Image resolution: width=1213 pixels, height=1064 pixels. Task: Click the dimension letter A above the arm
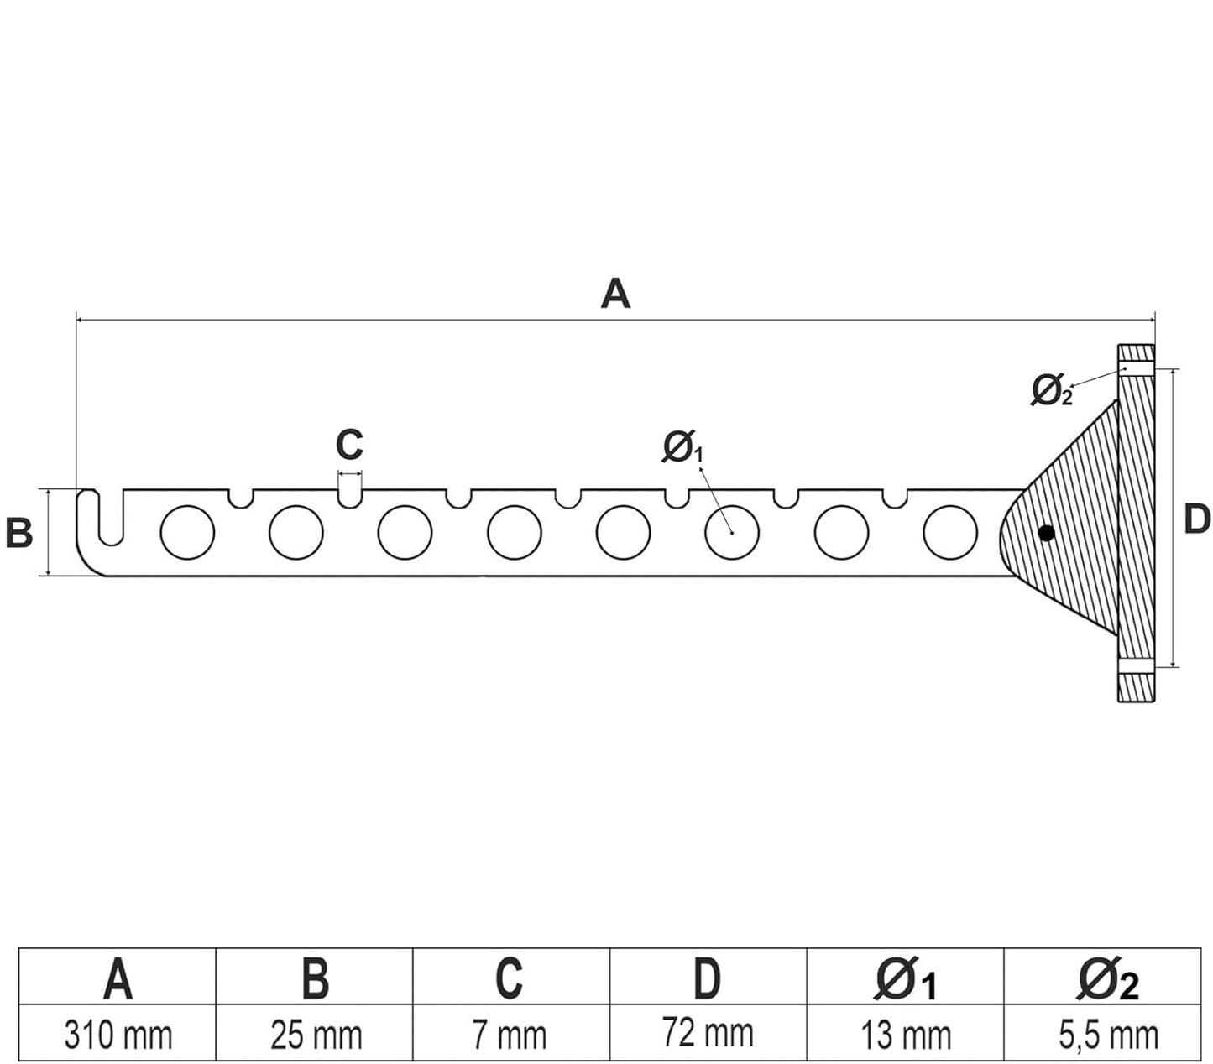click(615, 295)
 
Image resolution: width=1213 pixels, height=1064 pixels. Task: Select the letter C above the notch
click(349, 445)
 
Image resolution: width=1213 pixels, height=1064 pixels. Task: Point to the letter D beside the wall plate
click(1197, 519)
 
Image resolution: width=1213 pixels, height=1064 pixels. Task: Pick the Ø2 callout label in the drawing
click(1051, 390)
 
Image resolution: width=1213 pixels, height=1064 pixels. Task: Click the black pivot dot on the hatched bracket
click(1046, 532)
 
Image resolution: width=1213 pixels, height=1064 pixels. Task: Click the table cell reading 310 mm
click(118, 1035)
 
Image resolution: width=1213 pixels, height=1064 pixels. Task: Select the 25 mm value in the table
click(316, 1035)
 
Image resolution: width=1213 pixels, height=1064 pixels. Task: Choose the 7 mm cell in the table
click(510, 1035)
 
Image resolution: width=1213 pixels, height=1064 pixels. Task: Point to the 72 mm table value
click(707, 1033)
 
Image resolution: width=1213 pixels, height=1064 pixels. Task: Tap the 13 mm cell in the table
click(905, 1035)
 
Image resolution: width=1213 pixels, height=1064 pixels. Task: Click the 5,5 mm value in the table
click(1108, 1035)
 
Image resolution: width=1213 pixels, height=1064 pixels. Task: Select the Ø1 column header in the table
click(905, 978)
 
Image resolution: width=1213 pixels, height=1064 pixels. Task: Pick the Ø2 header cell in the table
click(1108, 978)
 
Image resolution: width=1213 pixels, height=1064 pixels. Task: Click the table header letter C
click(510, 978)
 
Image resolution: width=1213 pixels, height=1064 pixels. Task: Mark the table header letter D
click(707, 978)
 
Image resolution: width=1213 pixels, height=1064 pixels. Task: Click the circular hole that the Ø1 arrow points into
click(732, 532)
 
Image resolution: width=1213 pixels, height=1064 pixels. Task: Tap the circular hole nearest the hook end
click(187, 532)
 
